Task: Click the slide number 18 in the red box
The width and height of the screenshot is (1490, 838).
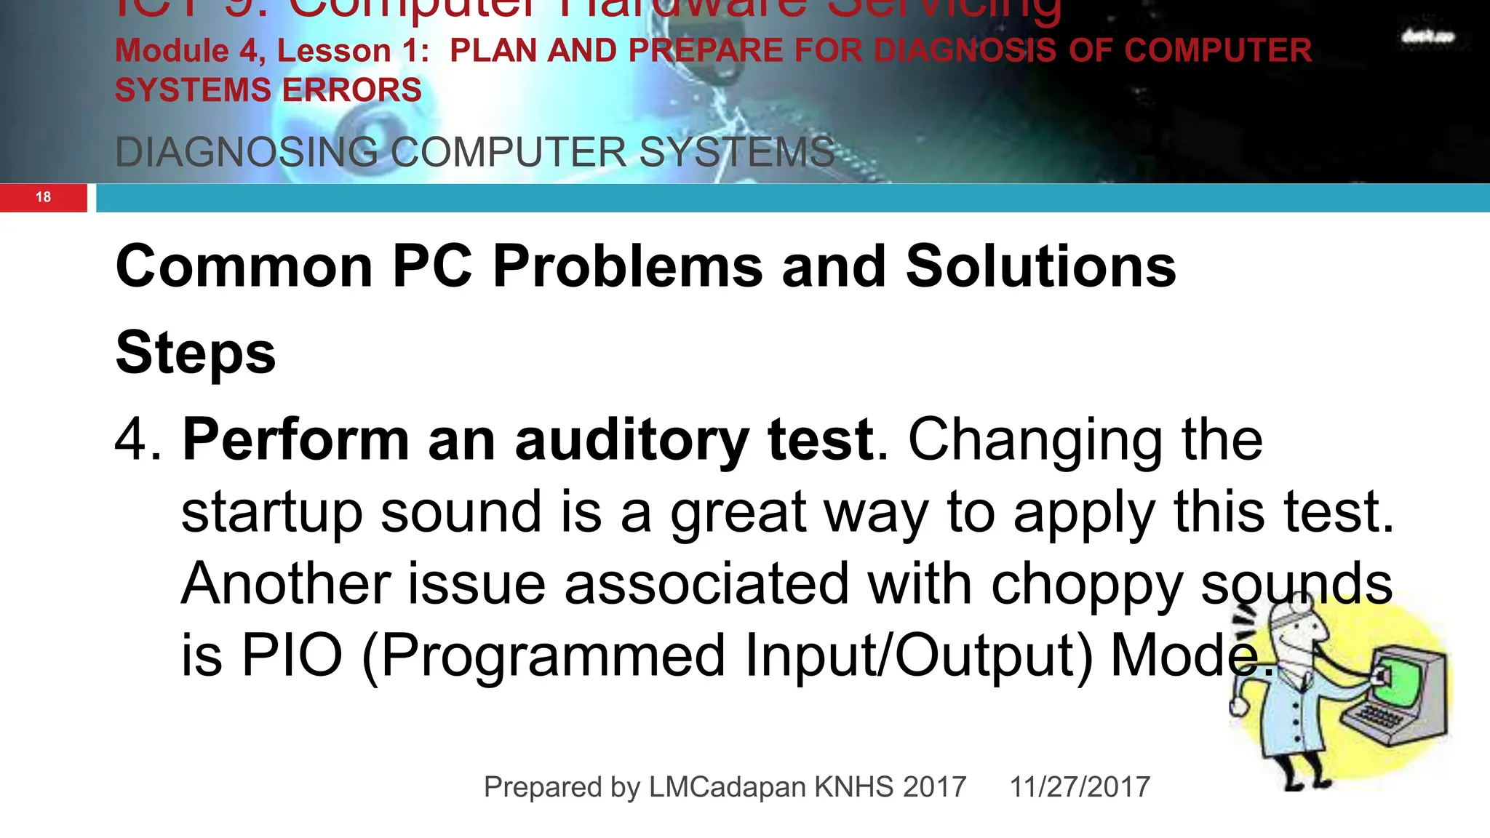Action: (43, 197)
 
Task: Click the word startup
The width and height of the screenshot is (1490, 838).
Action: (271, 513)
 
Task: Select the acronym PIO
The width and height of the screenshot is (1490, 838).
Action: (292, 655)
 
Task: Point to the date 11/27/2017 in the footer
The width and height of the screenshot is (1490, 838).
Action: (1080, 787)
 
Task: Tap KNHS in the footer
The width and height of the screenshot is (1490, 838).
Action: (853, 787)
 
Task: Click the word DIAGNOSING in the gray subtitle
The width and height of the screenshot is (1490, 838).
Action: (247, 153)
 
